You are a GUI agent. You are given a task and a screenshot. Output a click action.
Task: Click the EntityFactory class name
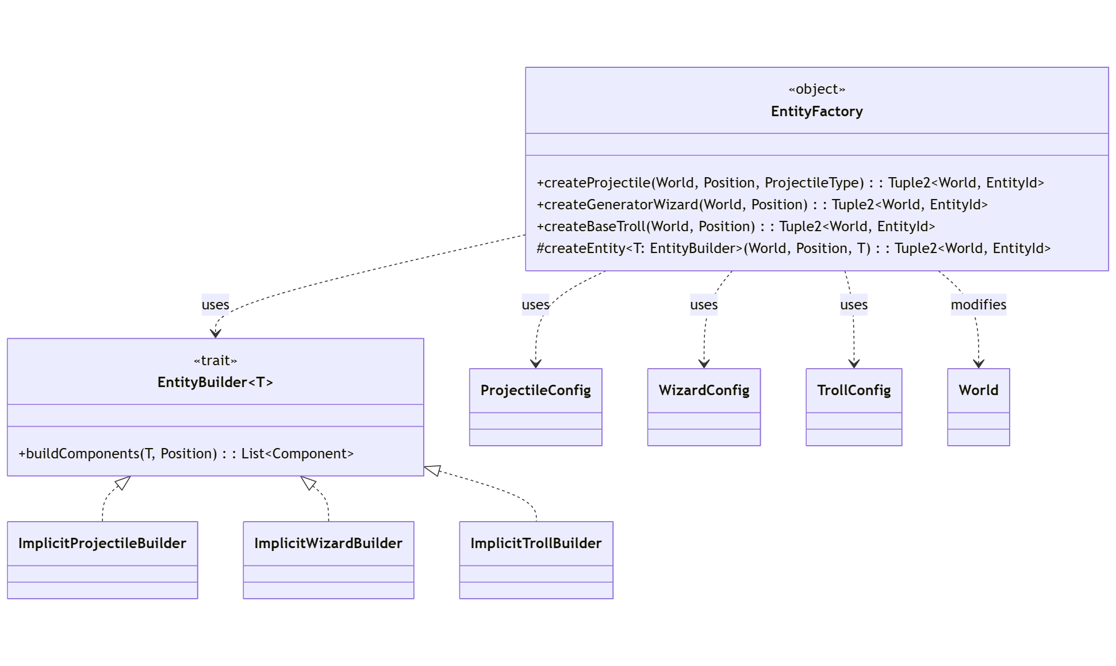pos(816,112)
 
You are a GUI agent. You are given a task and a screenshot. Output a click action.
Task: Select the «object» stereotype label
pos(816,89)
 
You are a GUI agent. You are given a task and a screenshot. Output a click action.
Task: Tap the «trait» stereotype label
pos(215,361)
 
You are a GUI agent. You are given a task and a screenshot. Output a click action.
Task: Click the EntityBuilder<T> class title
pos(215,382)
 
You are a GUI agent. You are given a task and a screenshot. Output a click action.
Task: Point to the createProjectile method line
pos(790,183)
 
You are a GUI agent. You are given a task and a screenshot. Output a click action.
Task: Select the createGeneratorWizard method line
pos(762,205)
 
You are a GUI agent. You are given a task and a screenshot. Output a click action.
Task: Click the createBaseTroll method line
pos(735,227)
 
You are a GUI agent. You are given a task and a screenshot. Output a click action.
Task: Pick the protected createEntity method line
pos(793,248)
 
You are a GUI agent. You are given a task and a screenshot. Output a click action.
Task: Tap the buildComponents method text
pos(186,454)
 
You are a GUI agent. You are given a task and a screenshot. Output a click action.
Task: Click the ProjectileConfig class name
pos(535,391)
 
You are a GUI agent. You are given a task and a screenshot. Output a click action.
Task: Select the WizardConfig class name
pos(704,391)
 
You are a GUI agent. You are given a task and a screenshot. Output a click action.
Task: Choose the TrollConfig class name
pos(854,391)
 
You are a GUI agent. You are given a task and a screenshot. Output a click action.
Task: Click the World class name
pos(978,391)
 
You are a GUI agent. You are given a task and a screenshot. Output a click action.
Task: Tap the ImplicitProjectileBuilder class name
pos(102,543)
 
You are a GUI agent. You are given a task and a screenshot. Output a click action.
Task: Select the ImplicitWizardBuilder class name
pos(328,543)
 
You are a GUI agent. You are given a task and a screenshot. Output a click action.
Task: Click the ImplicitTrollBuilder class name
pos(536,543)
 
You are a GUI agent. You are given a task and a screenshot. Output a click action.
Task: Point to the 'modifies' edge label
pos(978,305)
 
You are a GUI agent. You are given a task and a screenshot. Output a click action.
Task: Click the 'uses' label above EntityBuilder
pos(215,305)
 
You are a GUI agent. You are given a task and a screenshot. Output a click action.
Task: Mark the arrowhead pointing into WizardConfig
pos(704,364)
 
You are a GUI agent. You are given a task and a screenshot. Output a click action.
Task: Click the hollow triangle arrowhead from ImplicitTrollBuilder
pos(432,470)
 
